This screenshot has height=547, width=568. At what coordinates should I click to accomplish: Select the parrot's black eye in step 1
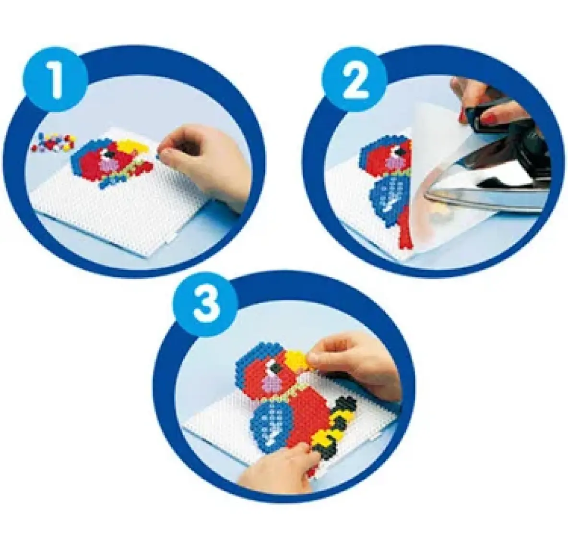click(x=107, y=155)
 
